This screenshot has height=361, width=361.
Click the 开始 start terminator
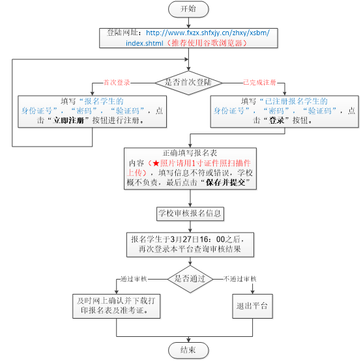188,9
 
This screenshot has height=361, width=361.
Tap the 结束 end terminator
188,351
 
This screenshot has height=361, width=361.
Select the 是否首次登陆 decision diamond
188,83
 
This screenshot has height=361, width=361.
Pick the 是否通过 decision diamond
190,279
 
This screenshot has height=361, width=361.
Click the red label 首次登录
117,82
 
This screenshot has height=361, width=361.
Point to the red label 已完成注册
260,82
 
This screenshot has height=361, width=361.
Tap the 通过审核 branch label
134,279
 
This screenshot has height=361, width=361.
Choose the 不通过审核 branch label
240,279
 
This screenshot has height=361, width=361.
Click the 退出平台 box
253,306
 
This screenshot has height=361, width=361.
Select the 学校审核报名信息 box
190,214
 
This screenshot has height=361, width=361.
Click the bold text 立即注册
68,120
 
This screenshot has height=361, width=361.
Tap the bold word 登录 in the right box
277,120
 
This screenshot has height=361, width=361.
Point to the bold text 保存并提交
225,182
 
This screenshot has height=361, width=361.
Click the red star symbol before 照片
156,164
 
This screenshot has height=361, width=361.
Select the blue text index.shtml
145,43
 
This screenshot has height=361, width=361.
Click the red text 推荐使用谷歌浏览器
207,43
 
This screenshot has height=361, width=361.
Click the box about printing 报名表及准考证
117,306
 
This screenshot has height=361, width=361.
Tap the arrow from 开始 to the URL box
188,23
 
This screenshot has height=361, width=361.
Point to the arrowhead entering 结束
188,340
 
